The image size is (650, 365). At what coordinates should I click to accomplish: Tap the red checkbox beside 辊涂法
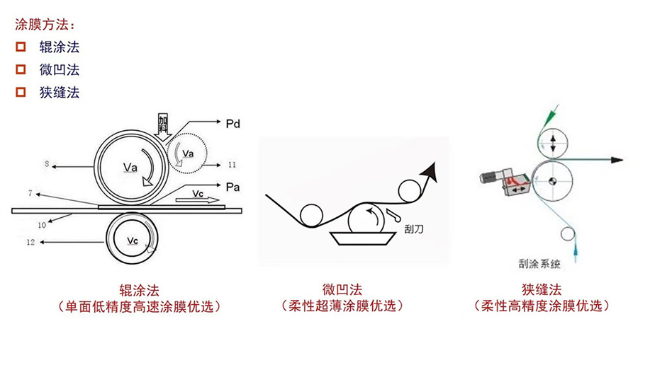pos(21,47)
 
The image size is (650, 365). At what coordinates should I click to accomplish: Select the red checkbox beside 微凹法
pos(21,69)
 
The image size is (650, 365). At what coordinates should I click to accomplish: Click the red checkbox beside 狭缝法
pos(21,92)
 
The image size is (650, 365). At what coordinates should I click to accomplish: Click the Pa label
pos(234,187)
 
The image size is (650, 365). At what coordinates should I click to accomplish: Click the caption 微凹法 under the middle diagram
pos(342,289)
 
